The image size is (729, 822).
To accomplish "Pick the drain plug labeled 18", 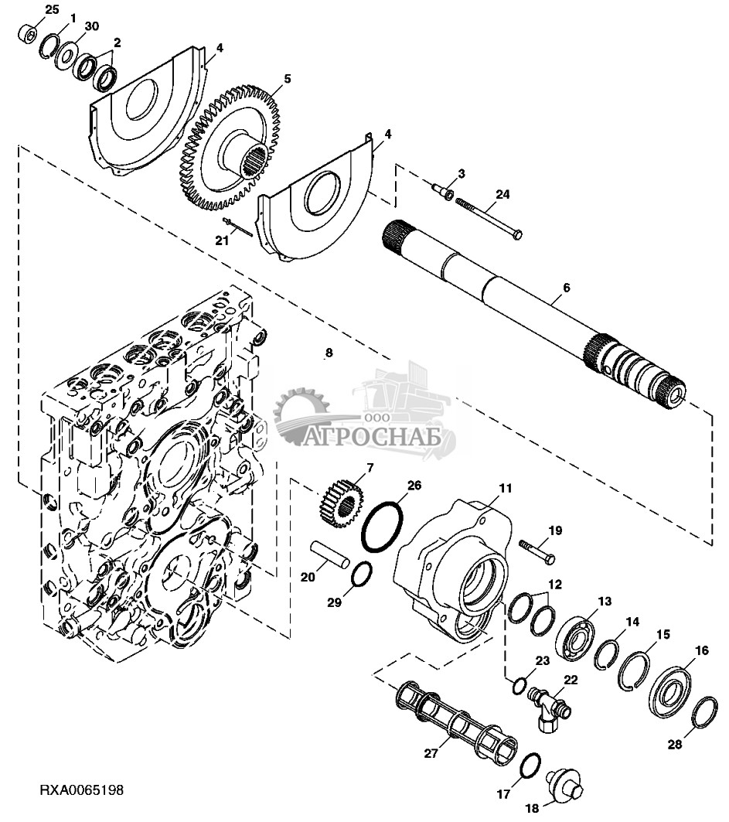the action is click(x=564, y=784).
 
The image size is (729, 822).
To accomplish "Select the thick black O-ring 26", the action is click(x=383, y=526).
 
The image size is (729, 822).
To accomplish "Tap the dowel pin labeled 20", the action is click(x=329, y=554).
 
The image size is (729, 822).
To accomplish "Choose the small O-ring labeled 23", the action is click(x=519, y=686).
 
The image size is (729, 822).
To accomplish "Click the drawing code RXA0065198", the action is click(x=82, y=790).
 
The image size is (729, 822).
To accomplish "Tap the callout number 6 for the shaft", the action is click(x=566, y=288).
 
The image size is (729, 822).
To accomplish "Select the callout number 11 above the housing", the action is click(x=505, y=488).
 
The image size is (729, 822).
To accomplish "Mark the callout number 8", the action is click(x=329, y=353).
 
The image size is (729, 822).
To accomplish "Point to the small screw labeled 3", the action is click(x=443, y=189).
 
